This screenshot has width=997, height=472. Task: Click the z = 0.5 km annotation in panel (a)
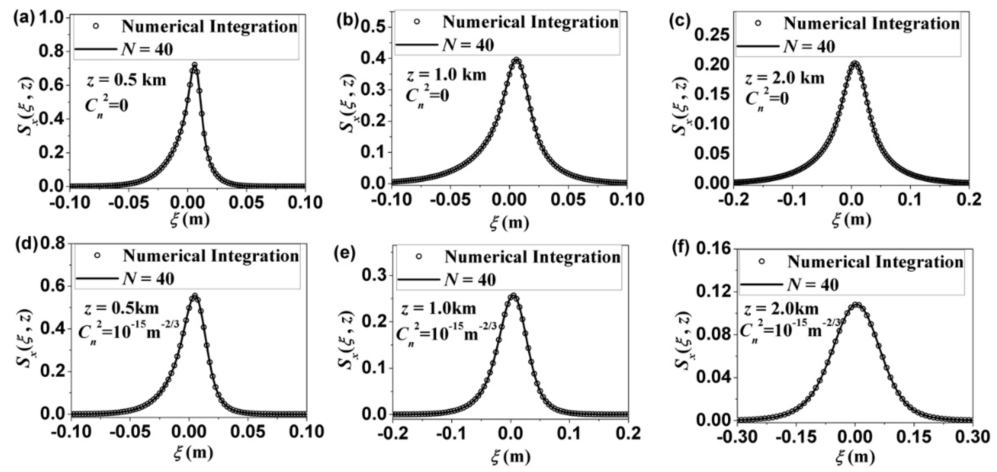point(126,80)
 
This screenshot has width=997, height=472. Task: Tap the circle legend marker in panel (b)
point(417,22)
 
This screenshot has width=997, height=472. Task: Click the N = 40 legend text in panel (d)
point(148,279)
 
